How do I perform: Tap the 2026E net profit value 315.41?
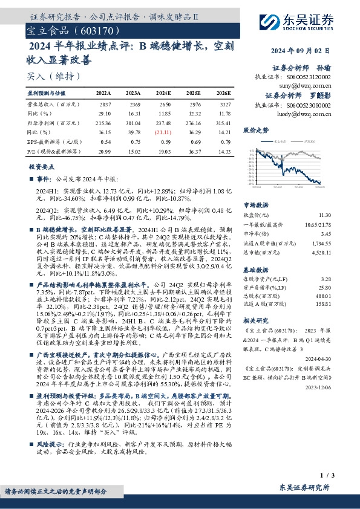tap(223, 122)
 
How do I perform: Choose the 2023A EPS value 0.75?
tap(134, 140)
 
